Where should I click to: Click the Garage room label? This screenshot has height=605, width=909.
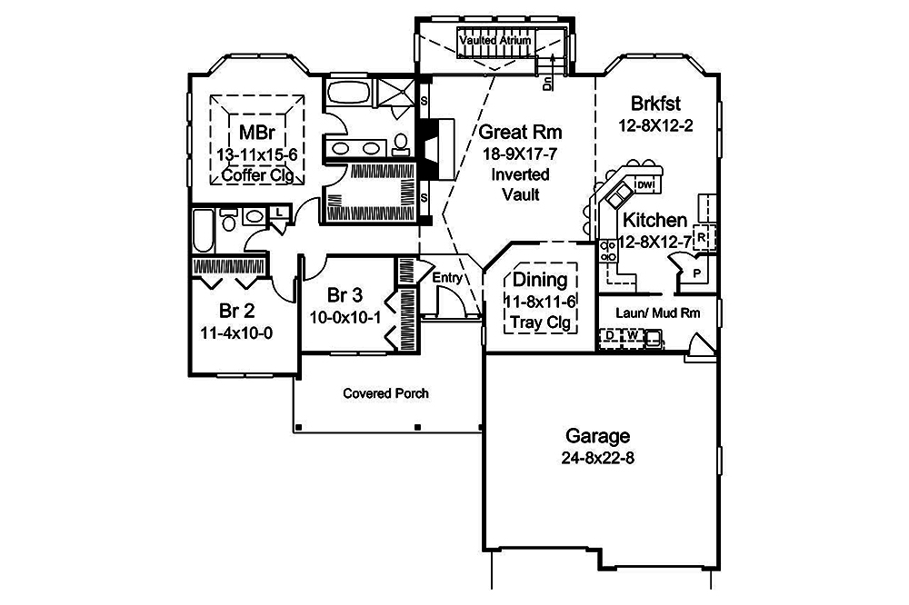click(596, 435)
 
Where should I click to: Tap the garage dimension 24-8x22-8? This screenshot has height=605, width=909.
click(596, 457)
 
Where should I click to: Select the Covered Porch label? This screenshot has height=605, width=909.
click(386, 393)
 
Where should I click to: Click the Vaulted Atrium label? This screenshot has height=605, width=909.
click(495, 41)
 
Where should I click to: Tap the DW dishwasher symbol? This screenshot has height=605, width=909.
click(645, 185)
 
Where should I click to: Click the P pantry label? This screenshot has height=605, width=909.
click(696, 272)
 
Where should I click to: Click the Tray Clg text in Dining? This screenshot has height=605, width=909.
click(540, 322)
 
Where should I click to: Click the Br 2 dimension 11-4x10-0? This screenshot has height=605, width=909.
click(236, 332)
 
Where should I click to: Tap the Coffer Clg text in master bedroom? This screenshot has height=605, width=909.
click(258, 175)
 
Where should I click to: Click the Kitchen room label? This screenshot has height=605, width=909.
click(654, 220)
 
